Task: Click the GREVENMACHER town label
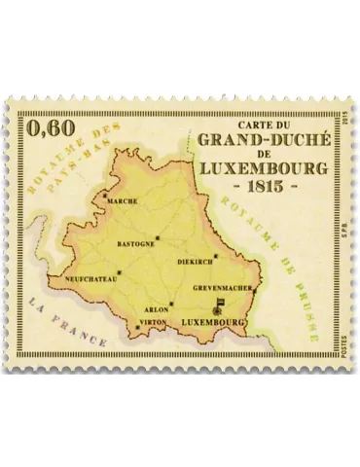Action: click(x=223, y=288)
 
